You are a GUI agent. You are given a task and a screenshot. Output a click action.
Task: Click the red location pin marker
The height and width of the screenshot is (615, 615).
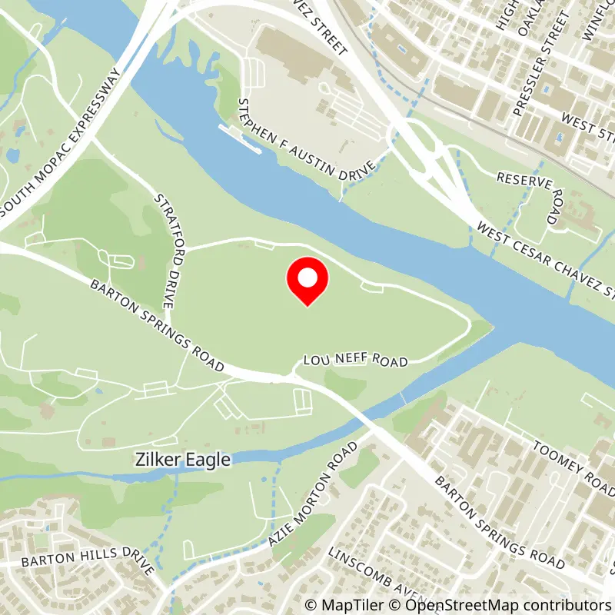pos(307,281)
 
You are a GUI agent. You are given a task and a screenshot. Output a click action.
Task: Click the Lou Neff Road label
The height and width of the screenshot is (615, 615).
pos(354,360)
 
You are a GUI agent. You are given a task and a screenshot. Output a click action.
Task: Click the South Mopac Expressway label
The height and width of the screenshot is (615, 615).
pos(62,143)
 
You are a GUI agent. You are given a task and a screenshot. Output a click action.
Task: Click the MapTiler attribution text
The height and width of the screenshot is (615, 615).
pos(341,604)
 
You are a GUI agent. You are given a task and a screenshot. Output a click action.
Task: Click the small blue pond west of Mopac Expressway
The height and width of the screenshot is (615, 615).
pos(12,155)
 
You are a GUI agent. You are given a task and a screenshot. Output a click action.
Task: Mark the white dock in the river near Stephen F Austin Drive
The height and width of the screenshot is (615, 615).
pos(240,138)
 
